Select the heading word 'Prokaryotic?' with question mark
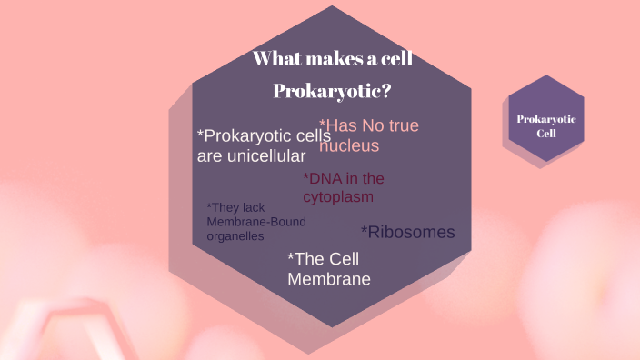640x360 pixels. (x=333, y=92)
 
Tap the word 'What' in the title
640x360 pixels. (x=276, y=60)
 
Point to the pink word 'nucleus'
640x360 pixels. (x=349, y=145)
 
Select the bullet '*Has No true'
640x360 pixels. (x=369, y=126)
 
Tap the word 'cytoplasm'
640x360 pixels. (x=338, y=196)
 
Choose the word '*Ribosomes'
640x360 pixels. (x=407, y=232)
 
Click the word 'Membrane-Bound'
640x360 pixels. (x=256, y=222)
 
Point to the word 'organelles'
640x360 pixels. (x=235, y=235)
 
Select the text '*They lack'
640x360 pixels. (x=235, y=207)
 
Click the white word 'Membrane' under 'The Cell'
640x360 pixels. (x=329, y=278)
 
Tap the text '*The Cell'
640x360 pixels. (x=329, y=258)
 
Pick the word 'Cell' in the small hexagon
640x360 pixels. (x=546, y=133)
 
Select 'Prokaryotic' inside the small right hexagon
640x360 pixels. (x=546, y=119)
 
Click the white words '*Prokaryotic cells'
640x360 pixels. (x=264, y=135)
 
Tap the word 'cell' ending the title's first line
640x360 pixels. (x=394, y=60)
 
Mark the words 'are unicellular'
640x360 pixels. (x=252, y=155)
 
